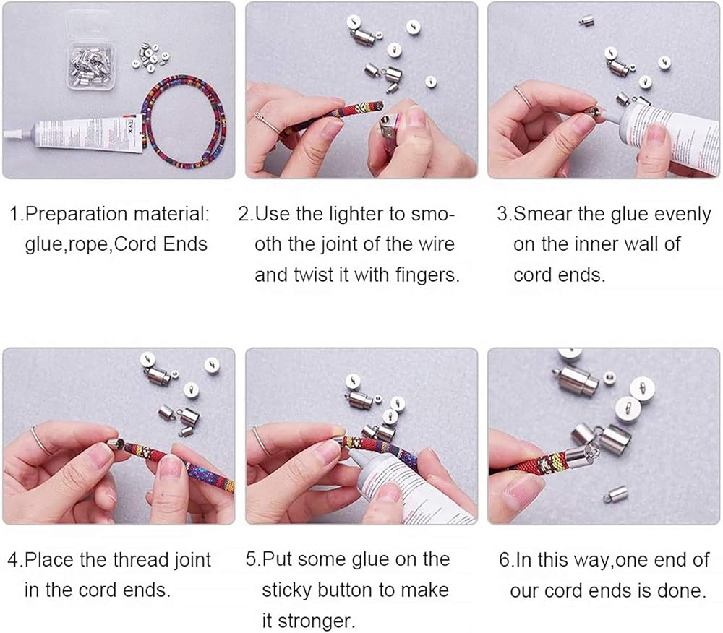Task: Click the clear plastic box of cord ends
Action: (90, 66)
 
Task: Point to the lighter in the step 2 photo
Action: (388, 134)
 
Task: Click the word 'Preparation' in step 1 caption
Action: (77, 215)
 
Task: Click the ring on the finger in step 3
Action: (523, 97)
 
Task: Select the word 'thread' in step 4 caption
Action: (140, 560)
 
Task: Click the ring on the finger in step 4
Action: (40, 441)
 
